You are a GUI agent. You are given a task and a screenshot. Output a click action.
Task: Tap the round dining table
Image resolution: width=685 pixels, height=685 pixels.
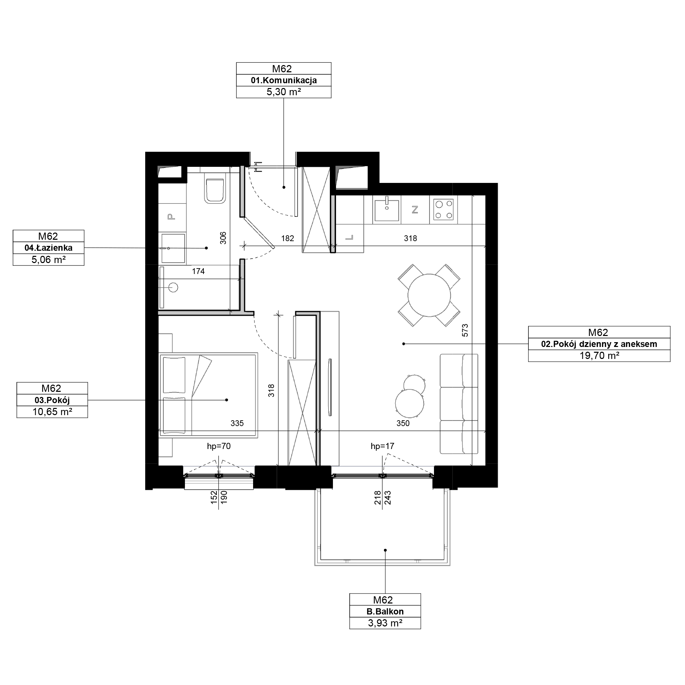click(429, 295)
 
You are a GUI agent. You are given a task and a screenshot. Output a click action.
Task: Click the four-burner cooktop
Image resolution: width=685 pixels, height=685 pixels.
click(444, 210)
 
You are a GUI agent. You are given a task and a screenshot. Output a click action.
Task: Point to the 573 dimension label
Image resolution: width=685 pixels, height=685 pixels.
click(465, 330)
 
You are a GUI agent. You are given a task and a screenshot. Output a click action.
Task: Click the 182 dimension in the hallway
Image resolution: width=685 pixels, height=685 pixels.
click(288, 238)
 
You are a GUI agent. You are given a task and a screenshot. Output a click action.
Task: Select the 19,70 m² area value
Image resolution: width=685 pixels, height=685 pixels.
click(599, 356)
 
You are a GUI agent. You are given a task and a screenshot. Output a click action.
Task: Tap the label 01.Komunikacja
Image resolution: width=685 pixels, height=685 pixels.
click(284, 80)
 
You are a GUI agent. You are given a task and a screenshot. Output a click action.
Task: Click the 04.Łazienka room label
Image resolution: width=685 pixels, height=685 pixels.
click(49, 248)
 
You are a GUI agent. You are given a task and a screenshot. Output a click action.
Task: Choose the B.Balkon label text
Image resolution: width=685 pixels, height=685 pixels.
click(385, 612)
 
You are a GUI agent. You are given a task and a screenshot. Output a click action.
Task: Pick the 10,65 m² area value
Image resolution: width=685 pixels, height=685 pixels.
click(52, 412)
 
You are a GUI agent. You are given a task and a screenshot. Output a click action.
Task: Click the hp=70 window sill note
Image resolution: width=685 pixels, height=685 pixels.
click(219, 446)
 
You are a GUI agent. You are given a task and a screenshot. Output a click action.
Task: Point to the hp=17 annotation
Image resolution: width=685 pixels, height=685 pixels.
click(382, 446)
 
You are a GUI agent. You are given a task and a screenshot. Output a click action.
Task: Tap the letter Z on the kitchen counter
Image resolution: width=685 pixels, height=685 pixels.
click(415, 210)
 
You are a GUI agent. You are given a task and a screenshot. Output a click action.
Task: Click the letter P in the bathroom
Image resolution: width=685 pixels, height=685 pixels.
click(172, 216)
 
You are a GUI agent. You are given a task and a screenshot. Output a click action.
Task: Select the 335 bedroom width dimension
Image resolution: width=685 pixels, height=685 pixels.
click(237, 423)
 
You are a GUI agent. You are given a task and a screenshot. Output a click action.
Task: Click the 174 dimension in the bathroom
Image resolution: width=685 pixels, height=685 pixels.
click(198, 271)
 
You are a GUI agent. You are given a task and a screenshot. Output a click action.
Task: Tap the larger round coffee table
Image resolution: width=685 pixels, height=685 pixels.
click(410, 403)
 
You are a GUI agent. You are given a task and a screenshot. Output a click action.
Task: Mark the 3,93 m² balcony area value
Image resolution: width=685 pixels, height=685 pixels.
click(385, 623)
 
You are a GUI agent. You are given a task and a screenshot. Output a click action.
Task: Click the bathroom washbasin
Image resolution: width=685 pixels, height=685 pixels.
click(173, 248)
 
